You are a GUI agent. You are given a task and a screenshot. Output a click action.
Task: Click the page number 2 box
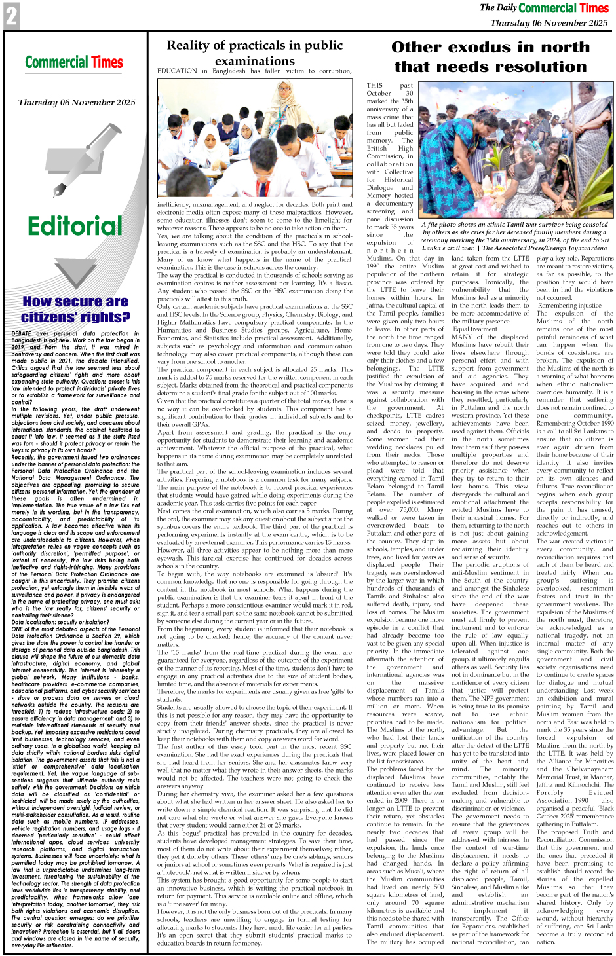pyautogui.click(x=11, y=16)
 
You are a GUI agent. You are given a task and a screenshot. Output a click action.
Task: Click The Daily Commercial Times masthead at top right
pyautogui.click(x=544, y=8)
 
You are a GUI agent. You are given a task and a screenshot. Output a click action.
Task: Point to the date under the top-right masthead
pyautogui.click(x=549, y=22)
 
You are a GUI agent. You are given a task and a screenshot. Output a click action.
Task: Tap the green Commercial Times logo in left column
pyautogui.click(x=73, y=63)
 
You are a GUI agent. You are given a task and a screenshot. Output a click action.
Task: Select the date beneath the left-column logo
pyautogui.click(x=77, y=102)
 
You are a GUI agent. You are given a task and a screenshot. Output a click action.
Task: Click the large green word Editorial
pyautogui.click(x=75, y=227)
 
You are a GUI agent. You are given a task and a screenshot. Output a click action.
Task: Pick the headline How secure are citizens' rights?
pyautogui.click(x=75, y=309)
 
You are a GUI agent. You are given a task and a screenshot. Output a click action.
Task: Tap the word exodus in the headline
pyautogui.click(x=490, y=47)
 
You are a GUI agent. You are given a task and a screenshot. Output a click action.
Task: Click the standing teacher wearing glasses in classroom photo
pyautogui.click(x=285, y=108)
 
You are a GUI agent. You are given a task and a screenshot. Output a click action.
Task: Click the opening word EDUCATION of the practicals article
pyautogui.click(x=177, y=71)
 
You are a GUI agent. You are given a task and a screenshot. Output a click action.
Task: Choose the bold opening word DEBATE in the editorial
pyautogui.click(x=22, y=334)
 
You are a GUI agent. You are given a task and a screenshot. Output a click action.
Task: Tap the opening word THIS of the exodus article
pyautogui.click(x=375, y=86)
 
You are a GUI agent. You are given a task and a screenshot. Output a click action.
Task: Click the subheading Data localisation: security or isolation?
pyautogui.click(x=60, y=623)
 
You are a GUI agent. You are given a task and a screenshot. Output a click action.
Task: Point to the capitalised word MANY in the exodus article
pyautogui.click(x=462, y=337)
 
